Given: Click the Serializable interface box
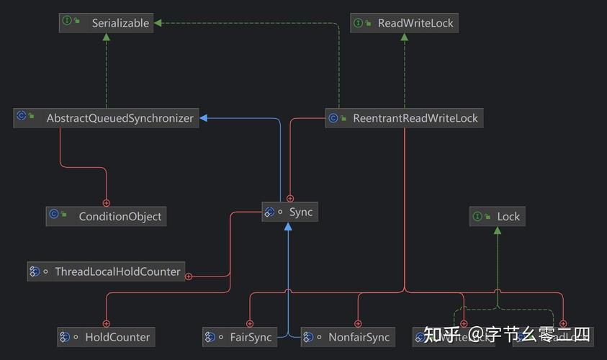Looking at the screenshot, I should point(106,23).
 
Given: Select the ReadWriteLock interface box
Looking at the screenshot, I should point(404,23).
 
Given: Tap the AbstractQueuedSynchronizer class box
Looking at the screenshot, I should point(107,118).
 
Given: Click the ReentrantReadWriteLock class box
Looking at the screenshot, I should point(404,118).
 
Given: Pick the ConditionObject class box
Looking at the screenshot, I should point(106,216).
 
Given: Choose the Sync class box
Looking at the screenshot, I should point(289,212).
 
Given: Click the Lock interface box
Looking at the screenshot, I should point(498,216).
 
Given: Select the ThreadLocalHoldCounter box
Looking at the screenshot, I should point(106,271).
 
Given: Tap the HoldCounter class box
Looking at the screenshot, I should point(106,336).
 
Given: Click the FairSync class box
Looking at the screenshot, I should point(239,336).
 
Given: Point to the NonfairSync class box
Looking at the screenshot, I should point(348,336).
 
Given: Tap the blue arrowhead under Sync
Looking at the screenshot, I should point(288,227).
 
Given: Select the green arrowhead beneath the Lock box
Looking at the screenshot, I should point(498,230).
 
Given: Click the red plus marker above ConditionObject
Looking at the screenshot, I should point(106,203).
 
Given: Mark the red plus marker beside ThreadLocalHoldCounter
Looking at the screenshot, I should point(189,276).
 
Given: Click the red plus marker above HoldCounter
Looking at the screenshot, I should point(106,323).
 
